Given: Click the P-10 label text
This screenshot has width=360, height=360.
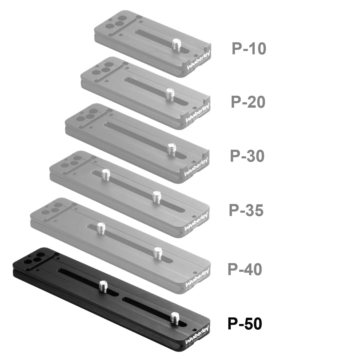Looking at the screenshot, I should click(x=249, y=49).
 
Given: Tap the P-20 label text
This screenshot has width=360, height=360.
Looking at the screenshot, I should click(x=248, y=102).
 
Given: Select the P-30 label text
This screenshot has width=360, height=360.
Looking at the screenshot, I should click(x=247, y=156).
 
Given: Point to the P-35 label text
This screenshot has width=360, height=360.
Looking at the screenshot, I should click(x=246, y=210).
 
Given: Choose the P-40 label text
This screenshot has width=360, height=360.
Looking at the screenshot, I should click(x=245, y=269).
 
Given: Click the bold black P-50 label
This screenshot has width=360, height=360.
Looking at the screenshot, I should click(x=245, y=324).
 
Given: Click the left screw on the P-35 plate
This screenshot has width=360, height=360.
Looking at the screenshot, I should click(x=105, y=174).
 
